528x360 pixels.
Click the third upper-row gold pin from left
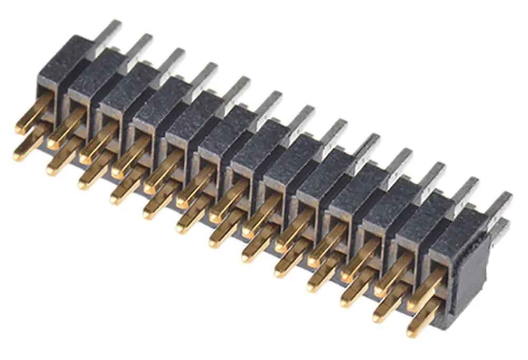click(98, 146)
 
